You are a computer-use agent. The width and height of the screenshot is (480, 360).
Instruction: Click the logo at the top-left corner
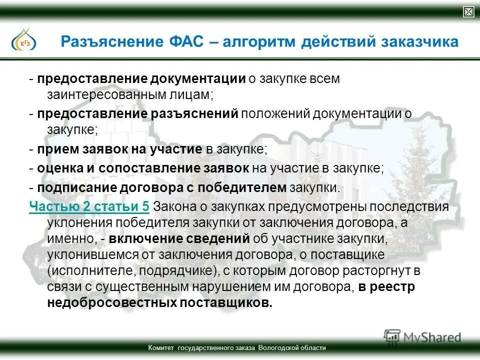pyautogui.click(x=23, y=39)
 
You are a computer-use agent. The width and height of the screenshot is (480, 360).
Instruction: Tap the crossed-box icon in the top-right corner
pyautogui.click(x=468, y=12)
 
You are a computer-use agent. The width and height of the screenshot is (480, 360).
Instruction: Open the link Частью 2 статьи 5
pyautogui.click(x=89, y=206)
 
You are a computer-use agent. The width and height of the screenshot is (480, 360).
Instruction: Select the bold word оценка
pyautogui.click(x=58, y=168)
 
